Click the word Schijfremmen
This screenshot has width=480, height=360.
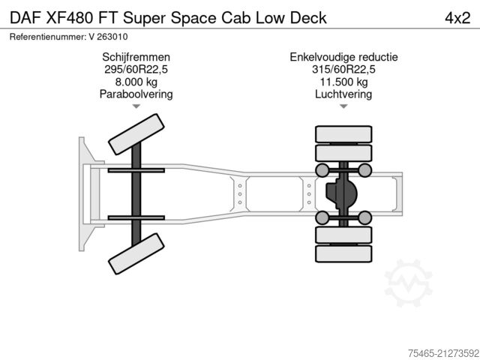136,57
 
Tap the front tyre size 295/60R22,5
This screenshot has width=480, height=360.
136,70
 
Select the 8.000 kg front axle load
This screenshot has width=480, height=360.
136,82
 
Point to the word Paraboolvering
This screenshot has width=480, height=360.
136,94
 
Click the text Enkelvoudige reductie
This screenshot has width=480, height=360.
343,57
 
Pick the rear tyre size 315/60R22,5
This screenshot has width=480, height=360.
343,70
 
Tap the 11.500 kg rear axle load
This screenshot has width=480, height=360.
343,82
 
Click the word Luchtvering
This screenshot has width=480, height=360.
343,94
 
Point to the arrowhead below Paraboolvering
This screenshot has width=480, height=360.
136,107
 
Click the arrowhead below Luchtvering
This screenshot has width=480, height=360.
343,107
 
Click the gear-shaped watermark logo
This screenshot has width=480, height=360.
409,283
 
